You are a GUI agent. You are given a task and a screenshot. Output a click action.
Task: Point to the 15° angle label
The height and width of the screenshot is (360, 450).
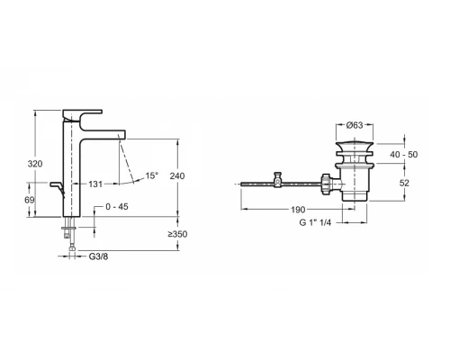151,175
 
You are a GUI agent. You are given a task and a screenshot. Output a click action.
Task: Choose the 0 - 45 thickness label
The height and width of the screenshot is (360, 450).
118,207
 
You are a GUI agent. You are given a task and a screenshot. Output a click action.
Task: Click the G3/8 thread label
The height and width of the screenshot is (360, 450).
100,256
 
